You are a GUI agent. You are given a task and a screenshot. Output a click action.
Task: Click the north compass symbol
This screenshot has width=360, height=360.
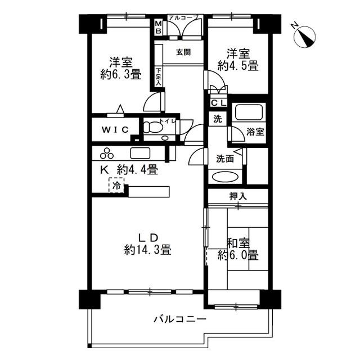pos(305,36)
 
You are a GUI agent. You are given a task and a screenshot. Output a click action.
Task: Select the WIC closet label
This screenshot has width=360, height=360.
pos(115,130)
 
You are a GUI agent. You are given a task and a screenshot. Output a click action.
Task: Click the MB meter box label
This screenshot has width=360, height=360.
pos(159,27)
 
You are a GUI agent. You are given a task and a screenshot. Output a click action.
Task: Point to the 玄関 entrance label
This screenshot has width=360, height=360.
pos(183,52)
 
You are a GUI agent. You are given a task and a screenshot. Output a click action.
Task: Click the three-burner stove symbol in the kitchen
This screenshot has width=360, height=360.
pos(107,154)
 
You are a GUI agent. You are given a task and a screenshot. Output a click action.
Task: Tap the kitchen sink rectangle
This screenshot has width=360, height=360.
pos(140,153)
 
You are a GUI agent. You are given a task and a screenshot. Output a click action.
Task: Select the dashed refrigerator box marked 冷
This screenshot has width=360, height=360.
pos(116,185)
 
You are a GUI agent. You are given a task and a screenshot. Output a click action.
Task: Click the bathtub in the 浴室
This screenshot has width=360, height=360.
pos(249,112)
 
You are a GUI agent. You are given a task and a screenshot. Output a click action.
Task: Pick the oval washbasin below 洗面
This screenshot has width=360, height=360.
pos(225,177)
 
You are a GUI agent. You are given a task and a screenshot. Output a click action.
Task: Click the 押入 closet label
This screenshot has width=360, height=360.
pos(238,196)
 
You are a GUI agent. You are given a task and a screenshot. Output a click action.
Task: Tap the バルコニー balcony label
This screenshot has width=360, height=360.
pos(180,319)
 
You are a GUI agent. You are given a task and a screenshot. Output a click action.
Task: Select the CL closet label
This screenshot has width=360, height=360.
pos(219,103)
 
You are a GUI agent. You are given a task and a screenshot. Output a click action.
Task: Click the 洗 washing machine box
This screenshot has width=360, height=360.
pos(218,119)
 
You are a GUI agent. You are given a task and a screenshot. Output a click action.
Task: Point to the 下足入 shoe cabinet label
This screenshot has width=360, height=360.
pos(159,77)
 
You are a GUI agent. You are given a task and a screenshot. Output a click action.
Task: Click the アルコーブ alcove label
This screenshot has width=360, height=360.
pos(183,17)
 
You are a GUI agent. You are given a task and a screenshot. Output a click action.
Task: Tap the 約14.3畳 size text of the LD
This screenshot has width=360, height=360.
pos(147,250)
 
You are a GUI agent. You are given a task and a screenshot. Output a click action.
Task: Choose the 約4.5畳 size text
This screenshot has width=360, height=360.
pos(238,66)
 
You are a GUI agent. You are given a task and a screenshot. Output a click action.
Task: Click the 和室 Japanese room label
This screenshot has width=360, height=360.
pos(238,244)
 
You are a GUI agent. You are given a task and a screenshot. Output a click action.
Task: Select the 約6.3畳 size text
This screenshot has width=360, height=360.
pos(121,74)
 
